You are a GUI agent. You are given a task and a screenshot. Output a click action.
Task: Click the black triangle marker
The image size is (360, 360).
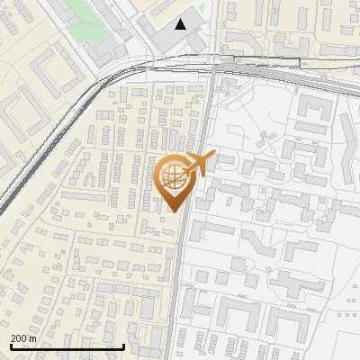click(x=182, y=23)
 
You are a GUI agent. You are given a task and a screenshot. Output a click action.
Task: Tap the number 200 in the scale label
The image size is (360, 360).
click(x=18, y=338)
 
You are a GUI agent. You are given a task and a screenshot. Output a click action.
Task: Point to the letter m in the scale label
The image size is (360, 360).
click(x=32, y=338)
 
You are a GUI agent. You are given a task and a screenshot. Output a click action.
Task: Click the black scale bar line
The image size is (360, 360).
click(x=67, y=346)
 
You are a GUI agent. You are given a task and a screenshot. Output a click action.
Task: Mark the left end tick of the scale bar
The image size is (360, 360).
click(x=11, y=346)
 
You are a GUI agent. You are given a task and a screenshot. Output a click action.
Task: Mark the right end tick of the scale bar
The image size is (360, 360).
click(x=123, y=346)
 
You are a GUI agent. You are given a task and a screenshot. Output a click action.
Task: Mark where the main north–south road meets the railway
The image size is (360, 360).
click(x=211, y=68)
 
